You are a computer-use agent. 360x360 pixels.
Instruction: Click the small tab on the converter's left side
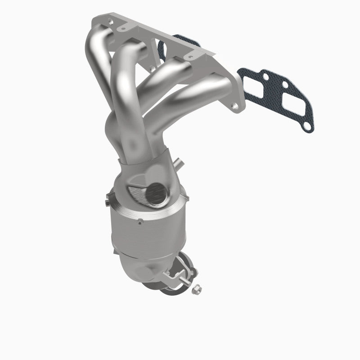[108, 196]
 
